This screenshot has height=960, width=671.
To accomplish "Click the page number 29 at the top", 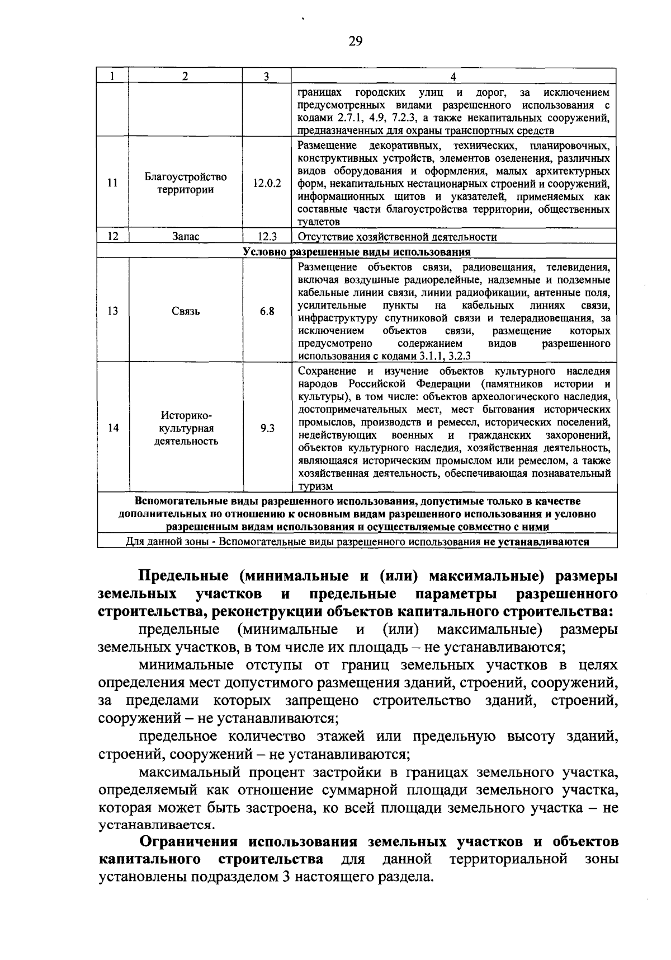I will (356, 41).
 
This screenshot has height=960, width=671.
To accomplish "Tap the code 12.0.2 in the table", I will (267, 183).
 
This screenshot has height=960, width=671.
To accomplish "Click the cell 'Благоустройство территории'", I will (185, 183).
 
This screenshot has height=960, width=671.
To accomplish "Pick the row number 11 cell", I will (113, 183).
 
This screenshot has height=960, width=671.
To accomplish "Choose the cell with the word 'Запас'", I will (185, 237).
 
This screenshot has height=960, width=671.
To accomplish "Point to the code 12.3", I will (267, 237).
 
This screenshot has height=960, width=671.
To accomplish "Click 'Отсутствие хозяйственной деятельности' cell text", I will (397, 237).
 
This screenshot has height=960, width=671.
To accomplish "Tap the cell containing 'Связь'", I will (185, 311).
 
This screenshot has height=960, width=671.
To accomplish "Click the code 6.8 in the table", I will (267, 311).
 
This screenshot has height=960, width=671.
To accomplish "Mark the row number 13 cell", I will (113, 311).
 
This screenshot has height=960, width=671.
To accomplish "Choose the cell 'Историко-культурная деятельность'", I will (185, 428).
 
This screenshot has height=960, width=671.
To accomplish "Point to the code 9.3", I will (267, 428).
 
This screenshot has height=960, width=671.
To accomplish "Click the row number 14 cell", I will (113, 428).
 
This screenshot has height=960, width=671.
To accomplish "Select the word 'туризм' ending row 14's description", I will (315, 486).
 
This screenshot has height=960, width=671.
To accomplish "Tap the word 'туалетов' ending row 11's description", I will (319, 223).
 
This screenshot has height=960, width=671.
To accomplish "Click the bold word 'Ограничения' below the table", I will (189, 842).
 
